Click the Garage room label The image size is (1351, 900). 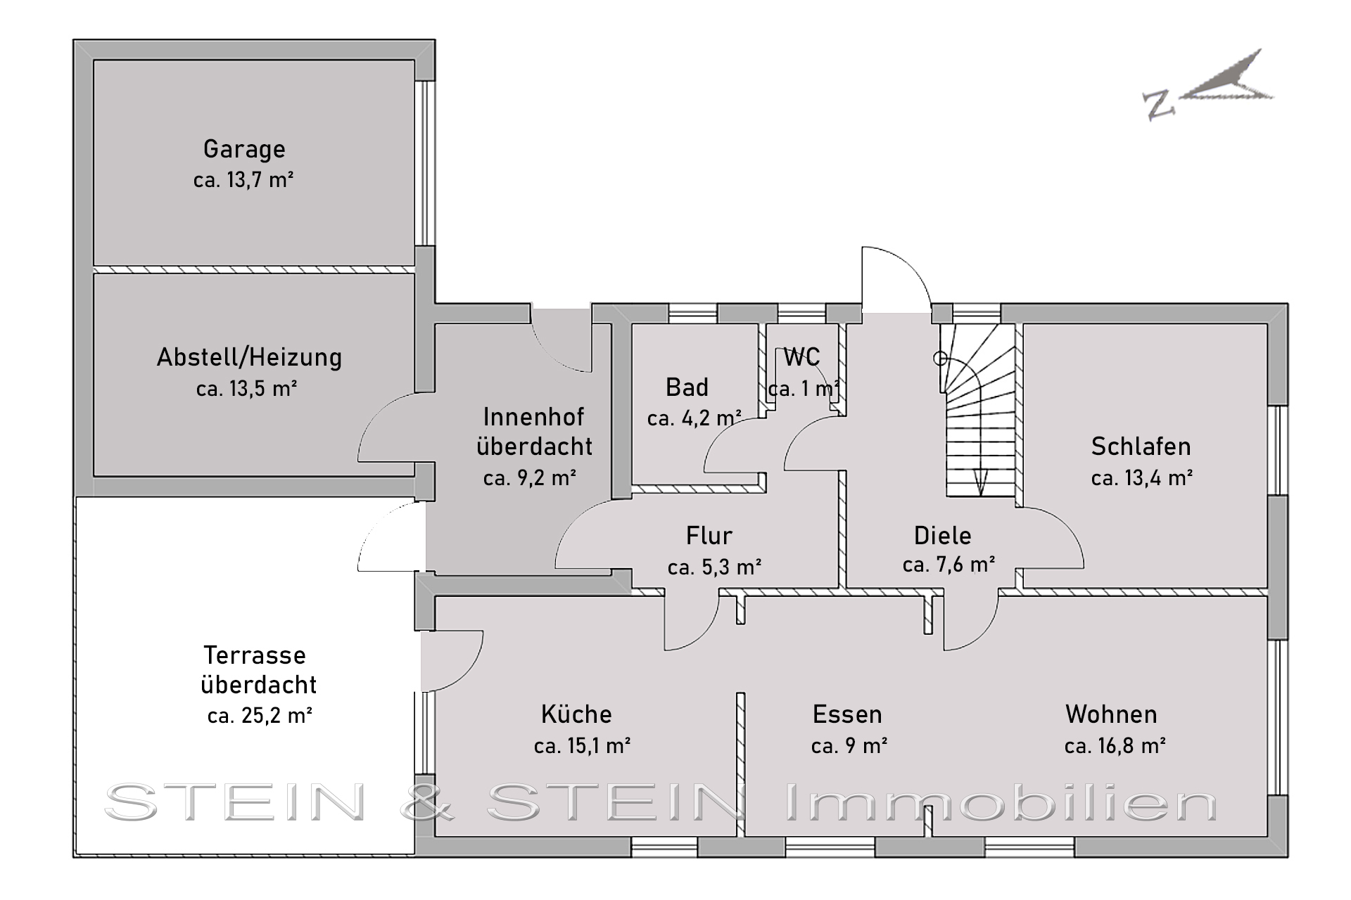click(x=244, y=149)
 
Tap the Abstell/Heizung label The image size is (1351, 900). click(x=249, y=357)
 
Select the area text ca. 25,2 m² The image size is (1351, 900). click(x=260, y=716)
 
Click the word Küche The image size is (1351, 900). click(x=576, y=714)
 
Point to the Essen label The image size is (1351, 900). click(x=847, y=714)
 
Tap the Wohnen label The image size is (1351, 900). click(x=1111, y=714)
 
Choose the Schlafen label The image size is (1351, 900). click(x=1141, y=446)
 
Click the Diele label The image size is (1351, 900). click(x=942, y=536)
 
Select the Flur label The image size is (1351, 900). click(x=709, y=536)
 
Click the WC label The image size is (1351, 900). click(x=801, y=357)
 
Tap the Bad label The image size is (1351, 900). click(x=687, y=387)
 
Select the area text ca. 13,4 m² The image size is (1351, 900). click(x=1141, y=478)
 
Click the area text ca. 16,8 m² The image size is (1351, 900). click(x=1115, y=746)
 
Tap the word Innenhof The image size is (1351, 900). click(x=533, y=417)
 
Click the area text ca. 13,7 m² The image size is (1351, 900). click(x=243, y=180)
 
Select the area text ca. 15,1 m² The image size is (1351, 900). click(x=582, y=746)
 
